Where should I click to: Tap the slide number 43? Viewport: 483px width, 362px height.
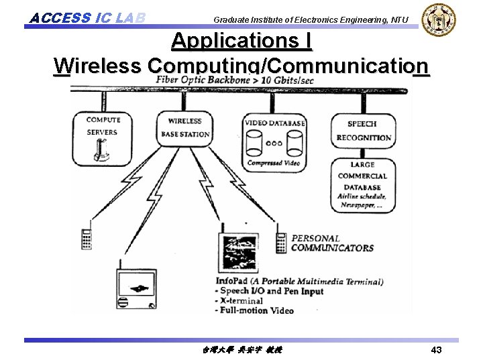436,351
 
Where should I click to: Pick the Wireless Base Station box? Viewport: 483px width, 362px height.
184,127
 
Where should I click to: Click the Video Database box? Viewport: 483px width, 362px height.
274,142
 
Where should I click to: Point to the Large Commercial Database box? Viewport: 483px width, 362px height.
362,184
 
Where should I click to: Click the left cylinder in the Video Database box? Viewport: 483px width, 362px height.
255,143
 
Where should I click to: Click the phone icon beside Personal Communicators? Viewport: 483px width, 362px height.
281,242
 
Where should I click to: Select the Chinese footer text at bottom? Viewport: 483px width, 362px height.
242,351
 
